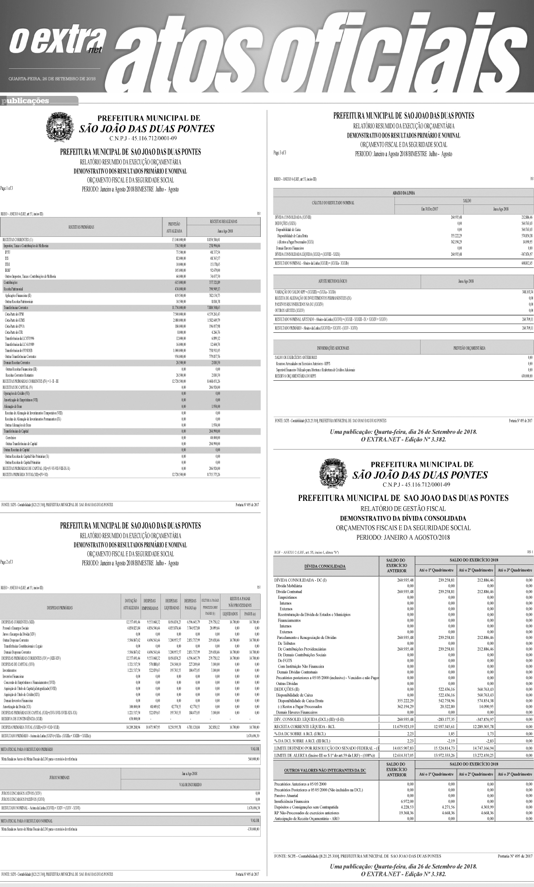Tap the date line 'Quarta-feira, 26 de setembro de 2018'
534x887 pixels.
click(x=52, y=78)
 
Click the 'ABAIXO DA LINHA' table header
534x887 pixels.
click(x=404, y=192)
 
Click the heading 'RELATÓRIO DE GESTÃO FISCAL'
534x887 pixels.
click(x=404, y=509)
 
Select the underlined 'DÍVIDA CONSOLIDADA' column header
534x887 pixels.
click(x=324, y=566)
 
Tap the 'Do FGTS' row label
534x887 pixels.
click(x=284, y=660)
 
